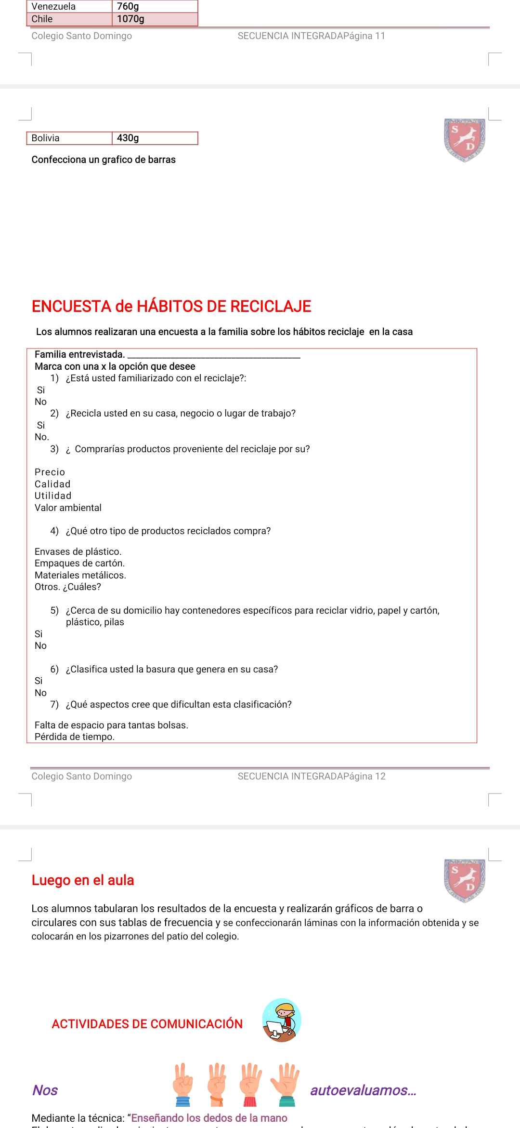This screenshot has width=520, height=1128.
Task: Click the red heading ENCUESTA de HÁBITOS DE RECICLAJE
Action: click(x=171, y=307)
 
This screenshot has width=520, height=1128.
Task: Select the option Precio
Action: click(x=50, y=472)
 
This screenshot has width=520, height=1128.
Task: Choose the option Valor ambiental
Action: click(x=68, y=508)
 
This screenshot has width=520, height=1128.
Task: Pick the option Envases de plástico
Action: click(x=78, y=552)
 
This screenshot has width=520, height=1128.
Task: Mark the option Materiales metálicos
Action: click(x=80, y=576)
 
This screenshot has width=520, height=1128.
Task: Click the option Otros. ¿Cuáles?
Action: click(x=68, y=587)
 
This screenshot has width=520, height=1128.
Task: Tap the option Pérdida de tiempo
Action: click(x=75, y=737)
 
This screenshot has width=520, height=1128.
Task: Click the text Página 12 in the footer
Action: click(x=367, y=777)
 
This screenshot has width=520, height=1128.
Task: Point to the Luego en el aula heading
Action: click(x=83, y=881)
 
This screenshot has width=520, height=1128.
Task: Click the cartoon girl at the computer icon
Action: click(x=282, y=1021)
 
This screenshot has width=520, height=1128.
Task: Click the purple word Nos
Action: click(x=45, y=1090)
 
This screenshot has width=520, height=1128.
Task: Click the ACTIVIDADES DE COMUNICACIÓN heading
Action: click(x=147, y=1024)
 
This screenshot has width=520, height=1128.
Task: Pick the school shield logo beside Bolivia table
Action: click(x=465, y=140)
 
